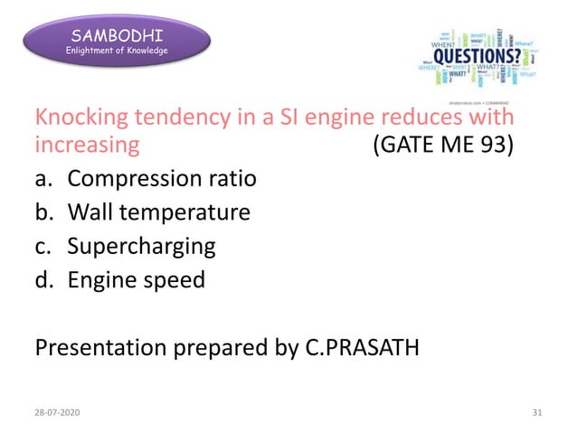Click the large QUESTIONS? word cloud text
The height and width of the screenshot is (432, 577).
click(477, 55)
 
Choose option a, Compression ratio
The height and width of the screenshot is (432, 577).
click(162, 178)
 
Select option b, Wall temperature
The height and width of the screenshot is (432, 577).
click(158, 212)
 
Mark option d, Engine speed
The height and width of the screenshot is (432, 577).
click(137, 280)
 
